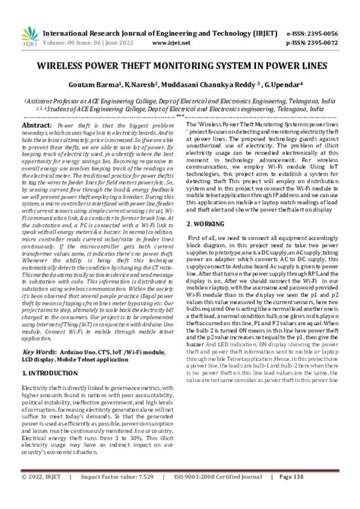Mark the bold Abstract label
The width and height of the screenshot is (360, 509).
click(39, 125)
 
